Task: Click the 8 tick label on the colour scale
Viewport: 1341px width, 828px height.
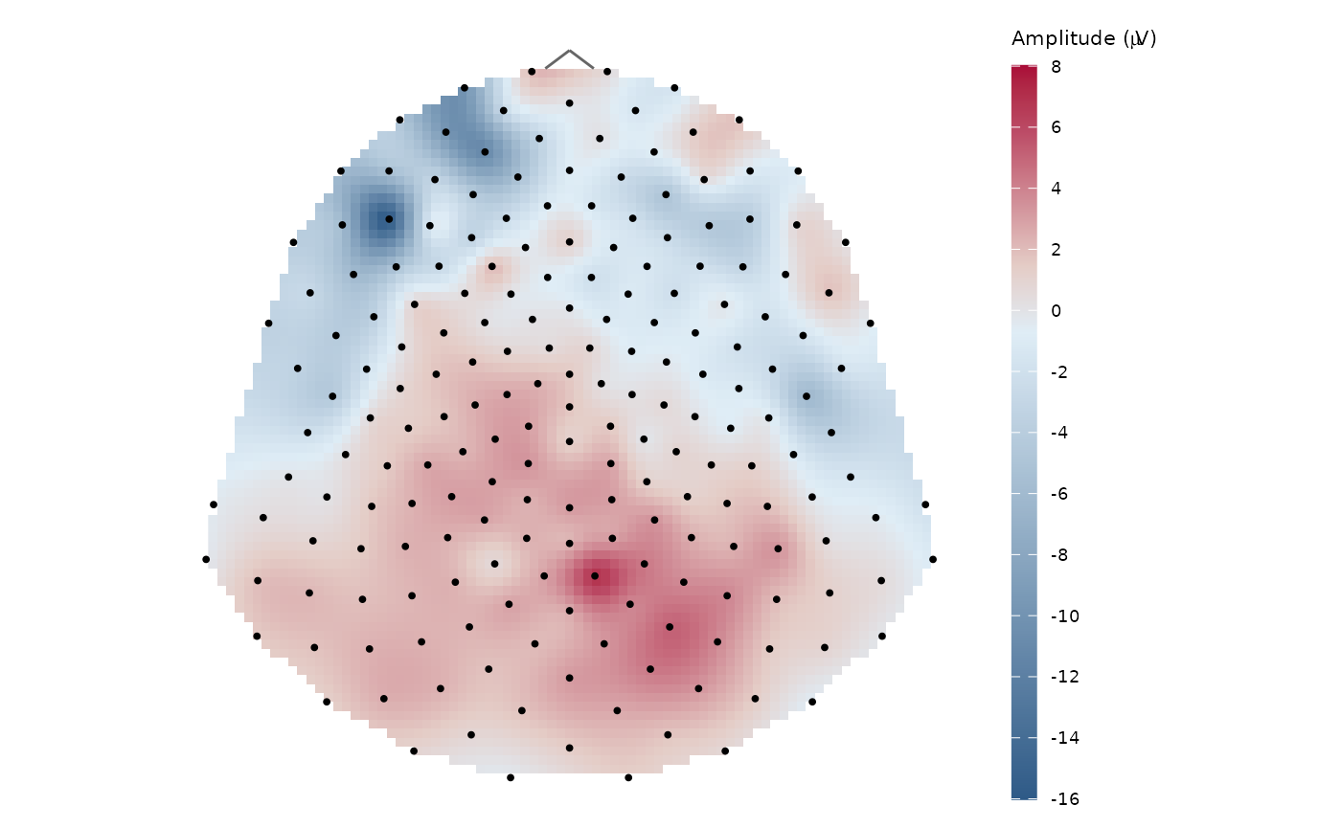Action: point(1055,66)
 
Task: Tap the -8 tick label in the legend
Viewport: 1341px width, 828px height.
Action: point(1058,555)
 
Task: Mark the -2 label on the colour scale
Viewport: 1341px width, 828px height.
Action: point(1058,372)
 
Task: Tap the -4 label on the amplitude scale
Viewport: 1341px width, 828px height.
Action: point(1058,433)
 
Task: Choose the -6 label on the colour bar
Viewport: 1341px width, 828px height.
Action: point(1058,494)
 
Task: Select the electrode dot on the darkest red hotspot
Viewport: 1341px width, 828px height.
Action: point(595,576)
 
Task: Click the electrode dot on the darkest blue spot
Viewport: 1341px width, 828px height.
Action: point(389,219)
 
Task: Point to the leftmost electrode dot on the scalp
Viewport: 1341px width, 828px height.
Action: point(206,559)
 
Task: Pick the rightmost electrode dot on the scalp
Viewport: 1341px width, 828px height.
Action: point(932,559)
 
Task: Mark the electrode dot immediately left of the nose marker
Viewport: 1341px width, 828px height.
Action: point(532,72)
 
